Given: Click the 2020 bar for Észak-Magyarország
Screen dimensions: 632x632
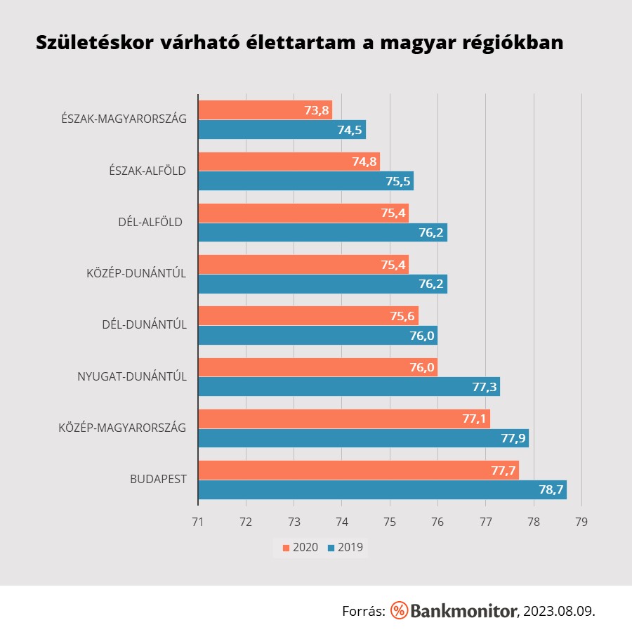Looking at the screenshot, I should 265,110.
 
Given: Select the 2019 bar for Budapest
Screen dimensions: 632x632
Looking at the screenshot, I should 382,489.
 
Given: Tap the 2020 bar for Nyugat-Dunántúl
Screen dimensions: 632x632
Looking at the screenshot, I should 317,367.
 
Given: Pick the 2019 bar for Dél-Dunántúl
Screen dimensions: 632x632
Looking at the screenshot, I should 317,335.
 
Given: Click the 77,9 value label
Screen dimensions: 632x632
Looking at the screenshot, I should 513,438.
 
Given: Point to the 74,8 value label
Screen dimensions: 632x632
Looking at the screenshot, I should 364,162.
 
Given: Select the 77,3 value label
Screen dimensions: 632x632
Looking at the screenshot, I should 485,387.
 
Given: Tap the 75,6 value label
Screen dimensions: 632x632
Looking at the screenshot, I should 403,316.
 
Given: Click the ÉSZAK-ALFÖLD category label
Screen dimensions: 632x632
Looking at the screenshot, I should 147,170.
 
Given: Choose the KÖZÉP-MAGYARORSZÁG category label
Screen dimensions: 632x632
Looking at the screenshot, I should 122,427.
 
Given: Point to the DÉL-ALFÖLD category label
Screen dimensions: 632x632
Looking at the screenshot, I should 150,222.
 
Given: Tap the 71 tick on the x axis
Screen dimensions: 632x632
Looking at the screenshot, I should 198,522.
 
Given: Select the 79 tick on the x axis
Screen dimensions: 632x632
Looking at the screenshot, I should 581,522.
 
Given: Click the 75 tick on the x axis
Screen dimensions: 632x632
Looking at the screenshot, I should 390,522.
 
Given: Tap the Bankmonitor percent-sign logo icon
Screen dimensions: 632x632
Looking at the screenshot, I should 399,610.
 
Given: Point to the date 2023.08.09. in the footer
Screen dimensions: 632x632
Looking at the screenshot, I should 559,611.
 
